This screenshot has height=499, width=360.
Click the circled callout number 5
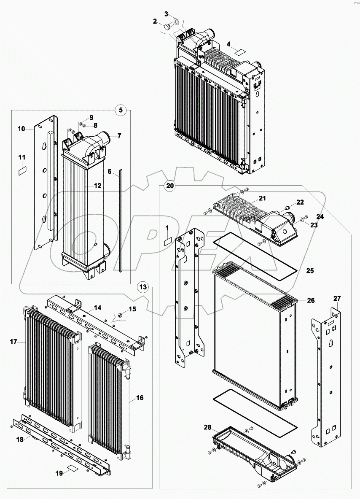[x=121, y=111]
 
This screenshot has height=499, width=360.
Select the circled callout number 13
[x=143, y=287]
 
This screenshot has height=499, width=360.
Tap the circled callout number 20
[x=169, y=186]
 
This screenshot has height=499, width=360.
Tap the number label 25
[x=309, y=270]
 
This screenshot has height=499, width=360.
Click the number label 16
[x=140, y=397]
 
